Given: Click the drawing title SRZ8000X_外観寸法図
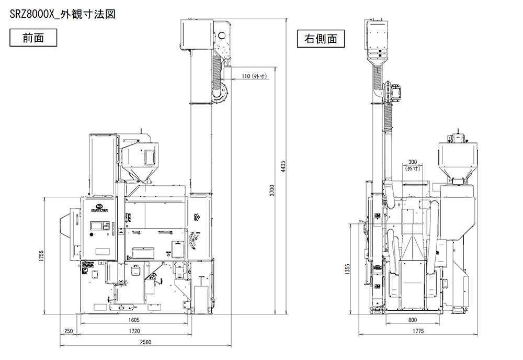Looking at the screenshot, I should click(x=62, y=14).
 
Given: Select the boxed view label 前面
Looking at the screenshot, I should click(x=33, y=38).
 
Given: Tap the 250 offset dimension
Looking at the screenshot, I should click(x=68, y=331).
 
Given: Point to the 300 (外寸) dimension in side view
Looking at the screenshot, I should click(x=413, y=165).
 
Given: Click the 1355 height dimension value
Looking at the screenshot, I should click(x=348, y=268).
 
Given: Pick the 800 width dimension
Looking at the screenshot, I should click(x=413, y=319).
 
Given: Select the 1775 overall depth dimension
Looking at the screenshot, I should click(x=417, y=331).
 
